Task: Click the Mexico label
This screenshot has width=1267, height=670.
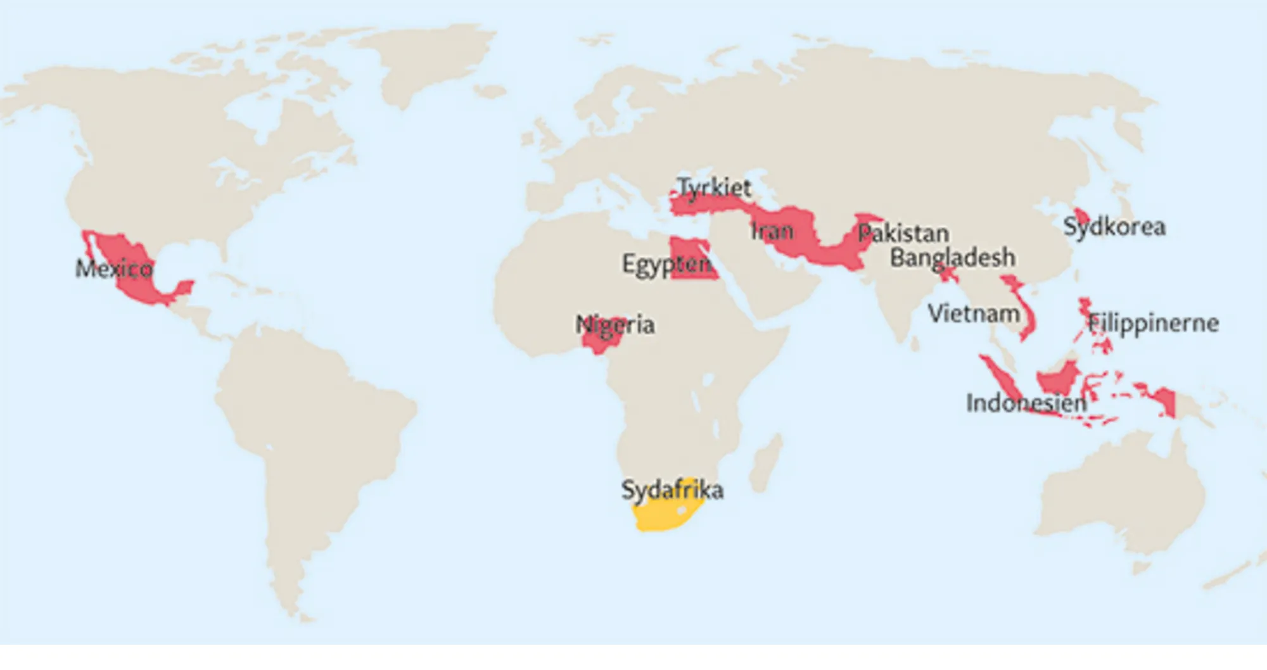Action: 114,269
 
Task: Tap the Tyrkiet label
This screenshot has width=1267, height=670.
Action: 714,187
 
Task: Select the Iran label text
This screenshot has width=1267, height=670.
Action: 772,231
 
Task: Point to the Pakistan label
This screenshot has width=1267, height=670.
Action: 903,234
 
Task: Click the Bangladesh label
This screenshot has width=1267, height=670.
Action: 952,258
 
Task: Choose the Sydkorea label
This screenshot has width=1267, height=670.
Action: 1114,227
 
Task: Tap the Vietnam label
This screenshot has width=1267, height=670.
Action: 974,313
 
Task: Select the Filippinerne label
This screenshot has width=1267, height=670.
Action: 1154,324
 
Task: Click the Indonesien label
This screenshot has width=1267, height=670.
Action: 1026,403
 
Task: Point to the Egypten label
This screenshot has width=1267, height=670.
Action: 666,264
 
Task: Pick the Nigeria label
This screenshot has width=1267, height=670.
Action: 615,325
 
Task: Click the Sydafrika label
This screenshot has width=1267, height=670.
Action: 672,490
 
